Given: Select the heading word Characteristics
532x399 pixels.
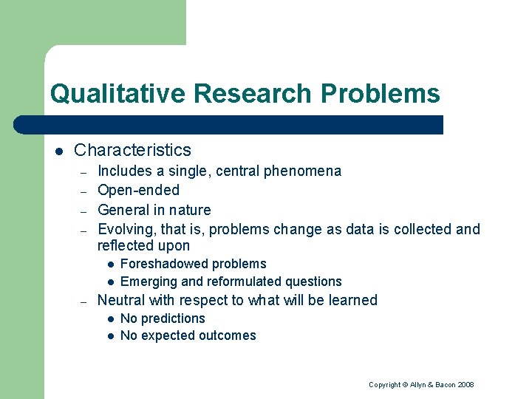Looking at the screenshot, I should (132, 150).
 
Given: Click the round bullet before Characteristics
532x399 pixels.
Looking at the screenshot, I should (59, 151).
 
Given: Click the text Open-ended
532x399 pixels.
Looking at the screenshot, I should (138, 191).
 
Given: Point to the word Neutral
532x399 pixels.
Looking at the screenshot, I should (123, 300).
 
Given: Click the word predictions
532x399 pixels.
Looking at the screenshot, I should (173, 318).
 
